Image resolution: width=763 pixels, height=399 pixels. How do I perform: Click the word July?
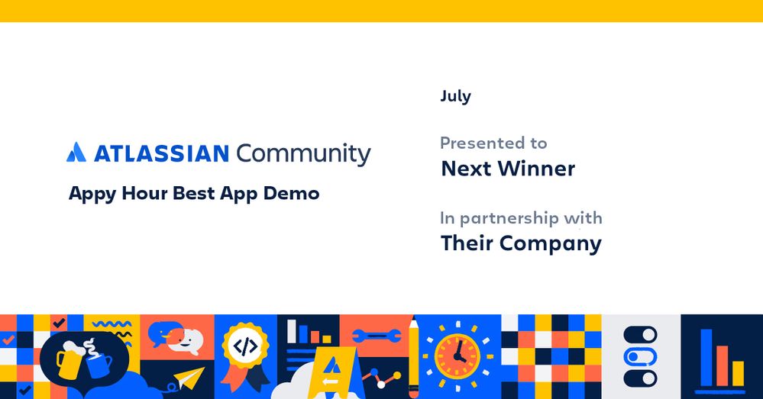pyautogui.click(x=455, y=96)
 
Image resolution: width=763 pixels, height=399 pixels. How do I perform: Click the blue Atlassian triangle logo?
pyautogui.click(x=76, y=152)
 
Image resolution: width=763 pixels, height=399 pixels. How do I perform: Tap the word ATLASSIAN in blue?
pyautogui.click(x=161, y=153)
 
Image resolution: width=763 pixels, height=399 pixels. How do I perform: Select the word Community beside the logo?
pyautogui.click(x=304, y=154)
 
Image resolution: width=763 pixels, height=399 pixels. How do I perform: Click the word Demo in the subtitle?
pyautogui.click(x=291, y=194)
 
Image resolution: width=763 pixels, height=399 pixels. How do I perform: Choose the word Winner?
pyautogui.click(x=536, y=169)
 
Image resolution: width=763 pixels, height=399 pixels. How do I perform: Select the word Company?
pyautogui.click(x=551, y=244)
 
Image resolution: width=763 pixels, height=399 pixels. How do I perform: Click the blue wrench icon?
pyautogui.click(x=377, y=336)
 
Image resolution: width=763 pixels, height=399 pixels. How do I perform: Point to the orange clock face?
pyautogui.click(x=457, y=357)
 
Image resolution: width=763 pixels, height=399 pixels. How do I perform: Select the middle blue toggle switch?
pyautogui.click(x=640, y=357)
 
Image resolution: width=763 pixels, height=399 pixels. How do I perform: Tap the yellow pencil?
pyautogui.click(x=414, y=357)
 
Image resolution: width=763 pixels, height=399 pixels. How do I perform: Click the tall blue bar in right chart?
pyautogui.click(x=706, y=358)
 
